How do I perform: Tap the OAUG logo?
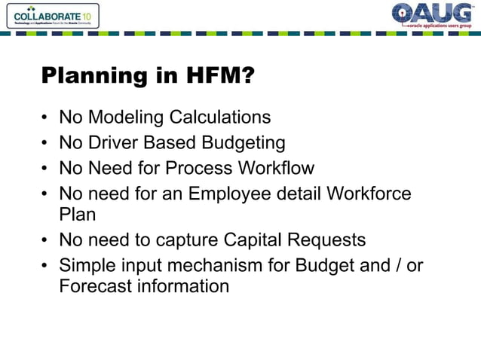(432, 15)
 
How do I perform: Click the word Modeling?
(121, 117)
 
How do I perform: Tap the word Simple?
(84, 264)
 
